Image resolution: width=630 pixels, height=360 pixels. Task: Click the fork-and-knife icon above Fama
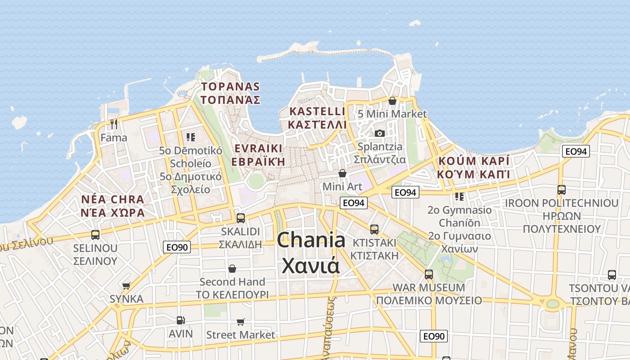(x=114, y=124)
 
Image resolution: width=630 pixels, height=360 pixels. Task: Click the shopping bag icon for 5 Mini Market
(x=392, y=101)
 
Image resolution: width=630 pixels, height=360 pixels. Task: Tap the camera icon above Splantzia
(x=380, y=133)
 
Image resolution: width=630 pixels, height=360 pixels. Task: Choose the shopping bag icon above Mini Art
(x=342, y=173)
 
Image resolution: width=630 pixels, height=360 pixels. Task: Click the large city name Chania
(x=311, y=240)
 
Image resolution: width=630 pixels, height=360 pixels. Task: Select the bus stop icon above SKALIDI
(x=241, y=218)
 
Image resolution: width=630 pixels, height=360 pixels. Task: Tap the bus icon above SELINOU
(x=95, y=234)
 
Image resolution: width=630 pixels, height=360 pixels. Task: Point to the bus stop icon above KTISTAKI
(x=374, y=229)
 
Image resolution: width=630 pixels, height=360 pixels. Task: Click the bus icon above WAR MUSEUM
(x=429, y=274)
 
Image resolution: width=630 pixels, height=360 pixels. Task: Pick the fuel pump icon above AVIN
(x=181, y=320)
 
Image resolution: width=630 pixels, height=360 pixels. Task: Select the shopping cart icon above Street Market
(x=240, y=322)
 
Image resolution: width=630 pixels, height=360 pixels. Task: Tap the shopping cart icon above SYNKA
(x=126, y=286)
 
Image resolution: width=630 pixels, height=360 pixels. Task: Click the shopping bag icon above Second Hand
(x=232, y=269)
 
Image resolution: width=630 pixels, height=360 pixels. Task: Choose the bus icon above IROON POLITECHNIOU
(x=562, y=190)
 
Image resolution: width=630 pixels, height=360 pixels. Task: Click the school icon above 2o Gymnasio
(x=459, y=197)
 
